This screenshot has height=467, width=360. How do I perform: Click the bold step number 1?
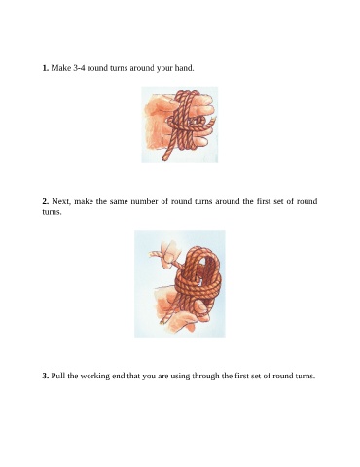coord(46,68)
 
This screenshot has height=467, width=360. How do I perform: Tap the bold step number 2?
coord(46,201)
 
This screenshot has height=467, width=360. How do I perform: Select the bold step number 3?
coord(46,376)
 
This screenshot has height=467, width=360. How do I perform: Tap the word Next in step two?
coord(61,201)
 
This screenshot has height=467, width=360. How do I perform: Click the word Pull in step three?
coord(58,376)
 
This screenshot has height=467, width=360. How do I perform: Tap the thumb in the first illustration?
coord(158,106)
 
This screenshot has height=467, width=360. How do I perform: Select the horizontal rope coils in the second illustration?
coord(198,284)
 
